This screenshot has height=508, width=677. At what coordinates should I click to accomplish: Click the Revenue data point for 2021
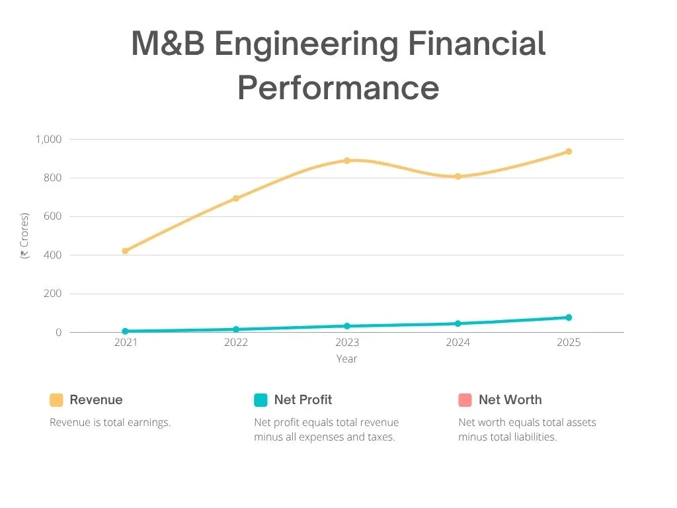click(x=125, y=251)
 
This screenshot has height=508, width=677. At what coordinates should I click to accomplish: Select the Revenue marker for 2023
click(x=346, y=161)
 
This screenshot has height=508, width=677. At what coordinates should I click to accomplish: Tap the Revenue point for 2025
click(x=568, y=151)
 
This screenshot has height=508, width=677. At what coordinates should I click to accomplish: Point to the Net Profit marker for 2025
click(x=568, y=317)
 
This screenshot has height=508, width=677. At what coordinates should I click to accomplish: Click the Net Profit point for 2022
click(x=236, y=329)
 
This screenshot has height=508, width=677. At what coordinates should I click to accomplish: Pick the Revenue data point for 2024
click(x=458, y=177)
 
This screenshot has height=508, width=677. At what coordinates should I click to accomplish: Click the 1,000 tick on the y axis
click(x=48, y=140)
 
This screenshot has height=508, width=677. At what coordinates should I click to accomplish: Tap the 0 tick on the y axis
click(x=58, y=333)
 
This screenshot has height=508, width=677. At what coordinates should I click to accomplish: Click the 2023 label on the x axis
click(x=346, y=343)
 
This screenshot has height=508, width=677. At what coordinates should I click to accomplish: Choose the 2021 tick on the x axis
click(x=125, y=343)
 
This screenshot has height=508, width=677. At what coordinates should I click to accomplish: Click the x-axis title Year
click(x=346, y=359)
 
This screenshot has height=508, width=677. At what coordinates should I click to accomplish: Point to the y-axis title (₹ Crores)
click(x=24, y=235)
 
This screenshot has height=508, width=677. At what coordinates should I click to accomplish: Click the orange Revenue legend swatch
click(x=56, y=400)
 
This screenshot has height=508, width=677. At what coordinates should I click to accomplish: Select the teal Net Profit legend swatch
click(x=260, y=400)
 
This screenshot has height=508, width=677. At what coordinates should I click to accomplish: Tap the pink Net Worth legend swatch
click(x=465, y=400)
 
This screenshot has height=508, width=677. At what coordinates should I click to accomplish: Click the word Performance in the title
click(x=338, y=88)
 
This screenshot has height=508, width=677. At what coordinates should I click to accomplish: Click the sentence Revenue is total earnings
click(x=110, y=423)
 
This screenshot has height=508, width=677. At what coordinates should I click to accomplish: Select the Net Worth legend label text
click(x=510, y=400)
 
